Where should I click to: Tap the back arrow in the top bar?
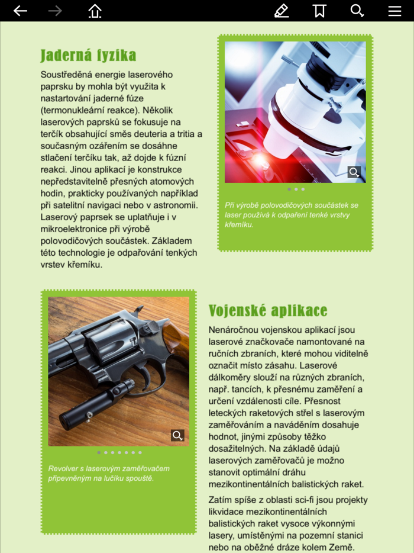pyautogui.click(x=20, y=11)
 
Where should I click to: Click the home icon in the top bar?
pyautogui.click(x=95, y=11)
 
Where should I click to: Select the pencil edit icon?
pyautogui.click(x=282, y=11)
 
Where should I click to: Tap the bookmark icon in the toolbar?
pyautogui.click(x=319, y=11)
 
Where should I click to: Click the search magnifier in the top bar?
pyautogui.click(x=357, y=11)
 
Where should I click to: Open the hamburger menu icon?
pyautogui.click(x=394, y=11)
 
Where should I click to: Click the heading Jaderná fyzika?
pyautogui.click(x=88, y=56)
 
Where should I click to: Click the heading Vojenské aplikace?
pyautogui.click(x=268, y=311)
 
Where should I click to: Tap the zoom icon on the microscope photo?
pyautogui.click(x=354, y=172)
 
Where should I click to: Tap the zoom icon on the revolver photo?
pyautogui.click(x=177, y=436)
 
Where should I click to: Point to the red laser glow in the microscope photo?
pyautogui.click(x=258, y=160)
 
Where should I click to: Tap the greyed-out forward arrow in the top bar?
pyautogui.click(x=55, y=11)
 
